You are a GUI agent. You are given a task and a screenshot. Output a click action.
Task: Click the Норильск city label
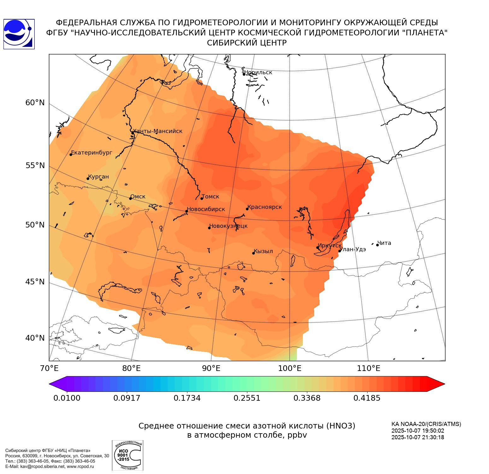pos(258,72)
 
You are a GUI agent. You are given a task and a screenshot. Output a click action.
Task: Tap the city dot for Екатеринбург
pos(71,154)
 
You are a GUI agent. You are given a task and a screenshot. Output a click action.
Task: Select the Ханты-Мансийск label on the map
pos(157,131)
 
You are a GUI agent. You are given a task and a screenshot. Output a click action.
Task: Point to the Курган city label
pos(98,177)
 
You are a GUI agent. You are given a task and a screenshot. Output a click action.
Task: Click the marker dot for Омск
pos(130,198)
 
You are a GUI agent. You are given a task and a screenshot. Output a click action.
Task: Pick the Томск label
pos(210,197)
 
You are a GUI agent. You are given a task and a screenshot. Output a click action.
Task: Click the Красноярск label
pos(265,207)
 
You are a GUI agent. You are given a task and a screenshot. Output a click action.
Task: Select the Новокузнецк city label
pos(228,226)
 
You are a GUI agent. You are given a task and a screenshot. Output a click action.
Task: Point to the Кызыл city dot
pos(253,253)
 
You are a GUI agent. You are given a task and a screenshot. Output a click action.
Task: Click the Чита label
pos(384,243)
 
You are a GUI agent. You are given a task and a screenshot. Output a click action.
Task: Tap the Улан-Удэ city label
pos(353,249)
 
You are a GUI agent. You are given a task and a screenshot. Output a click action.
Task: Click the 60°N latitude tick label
pos(35,103)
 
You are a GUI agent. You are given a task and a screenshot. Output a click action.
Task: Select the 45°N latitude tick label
pos(35,282)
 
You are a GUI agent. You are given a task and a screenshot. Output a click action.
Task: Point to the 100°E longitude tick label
pos(290,368)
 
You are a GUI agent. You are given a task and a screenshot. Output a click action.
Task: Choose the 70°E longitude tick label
pos(50,368)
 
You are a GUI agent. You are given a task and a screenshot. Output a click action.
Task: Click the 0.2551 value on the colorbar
pos(247,398)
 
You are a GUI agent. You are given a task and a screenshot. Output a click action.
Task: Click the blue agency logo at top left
pos(19,34)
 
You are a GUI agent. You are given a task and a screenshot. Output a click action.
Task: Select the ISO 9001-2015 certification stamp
pos(127,455)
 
